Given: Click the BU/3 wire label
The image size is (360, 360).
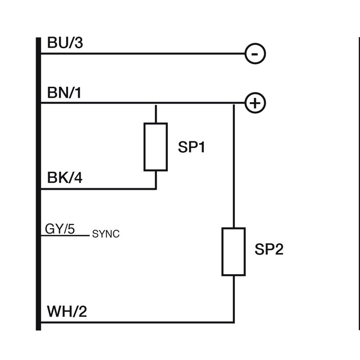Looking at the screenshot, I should (x=65, y=44).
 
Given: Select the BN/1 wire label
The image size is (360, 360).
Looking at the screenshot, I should (x=65, y=93).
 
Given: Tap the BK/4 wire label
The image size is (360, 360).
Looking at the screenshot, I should (x=65, y=179).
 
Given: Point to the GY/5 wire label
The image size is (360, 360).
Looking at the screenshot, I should (x=60, y=229).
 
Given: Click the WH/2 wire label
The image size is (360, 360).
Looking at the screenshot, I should (x=67, y=311).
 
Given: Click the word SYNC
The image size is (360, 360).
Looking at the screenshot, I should (x=106, y=234).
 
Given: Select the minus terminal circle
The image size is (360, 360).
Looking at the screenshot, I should (x=255, y=54).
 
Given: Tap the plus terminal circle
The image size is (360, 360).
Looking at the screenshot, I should (x=255, y=103).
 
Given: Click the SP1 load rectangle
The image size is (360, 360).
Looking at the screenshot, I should (x=155, y=147).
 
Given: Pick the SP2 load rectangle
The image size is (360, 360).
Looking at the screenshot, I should (x=234, y=252).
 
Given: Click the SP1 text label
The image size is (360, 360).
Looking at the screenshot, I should (x=191, y=147).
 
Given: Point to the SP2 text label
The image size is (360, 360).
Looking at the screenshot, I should (x=269, y=250).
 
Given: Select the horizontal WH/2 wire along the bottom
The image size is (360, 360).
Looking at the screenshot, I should (x=135, y=322).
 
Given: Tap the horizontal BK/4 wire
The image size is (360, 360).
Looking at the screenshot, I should (x=99, y=189).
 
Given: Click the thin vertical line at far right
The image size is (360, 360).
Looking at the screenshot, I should (x=359, y=180).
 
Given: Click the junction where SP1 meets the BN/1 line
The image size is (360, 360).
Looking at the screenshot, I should (x=156, y=103).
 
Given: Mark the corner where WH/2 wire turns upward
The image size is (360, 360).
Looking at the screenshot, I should (x=234, y=322).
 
